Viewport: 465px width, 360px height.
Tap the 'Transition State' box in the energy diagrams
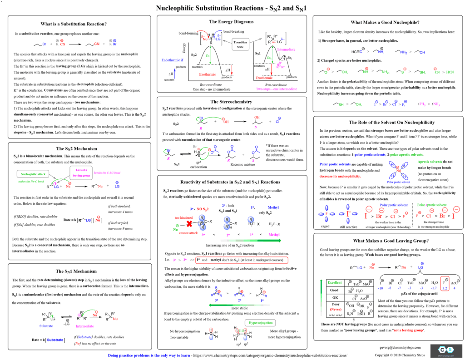240,44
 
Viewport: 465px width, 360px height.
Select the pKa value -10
381,288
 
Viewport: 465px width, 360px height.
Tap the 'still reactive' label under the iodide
349,227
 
